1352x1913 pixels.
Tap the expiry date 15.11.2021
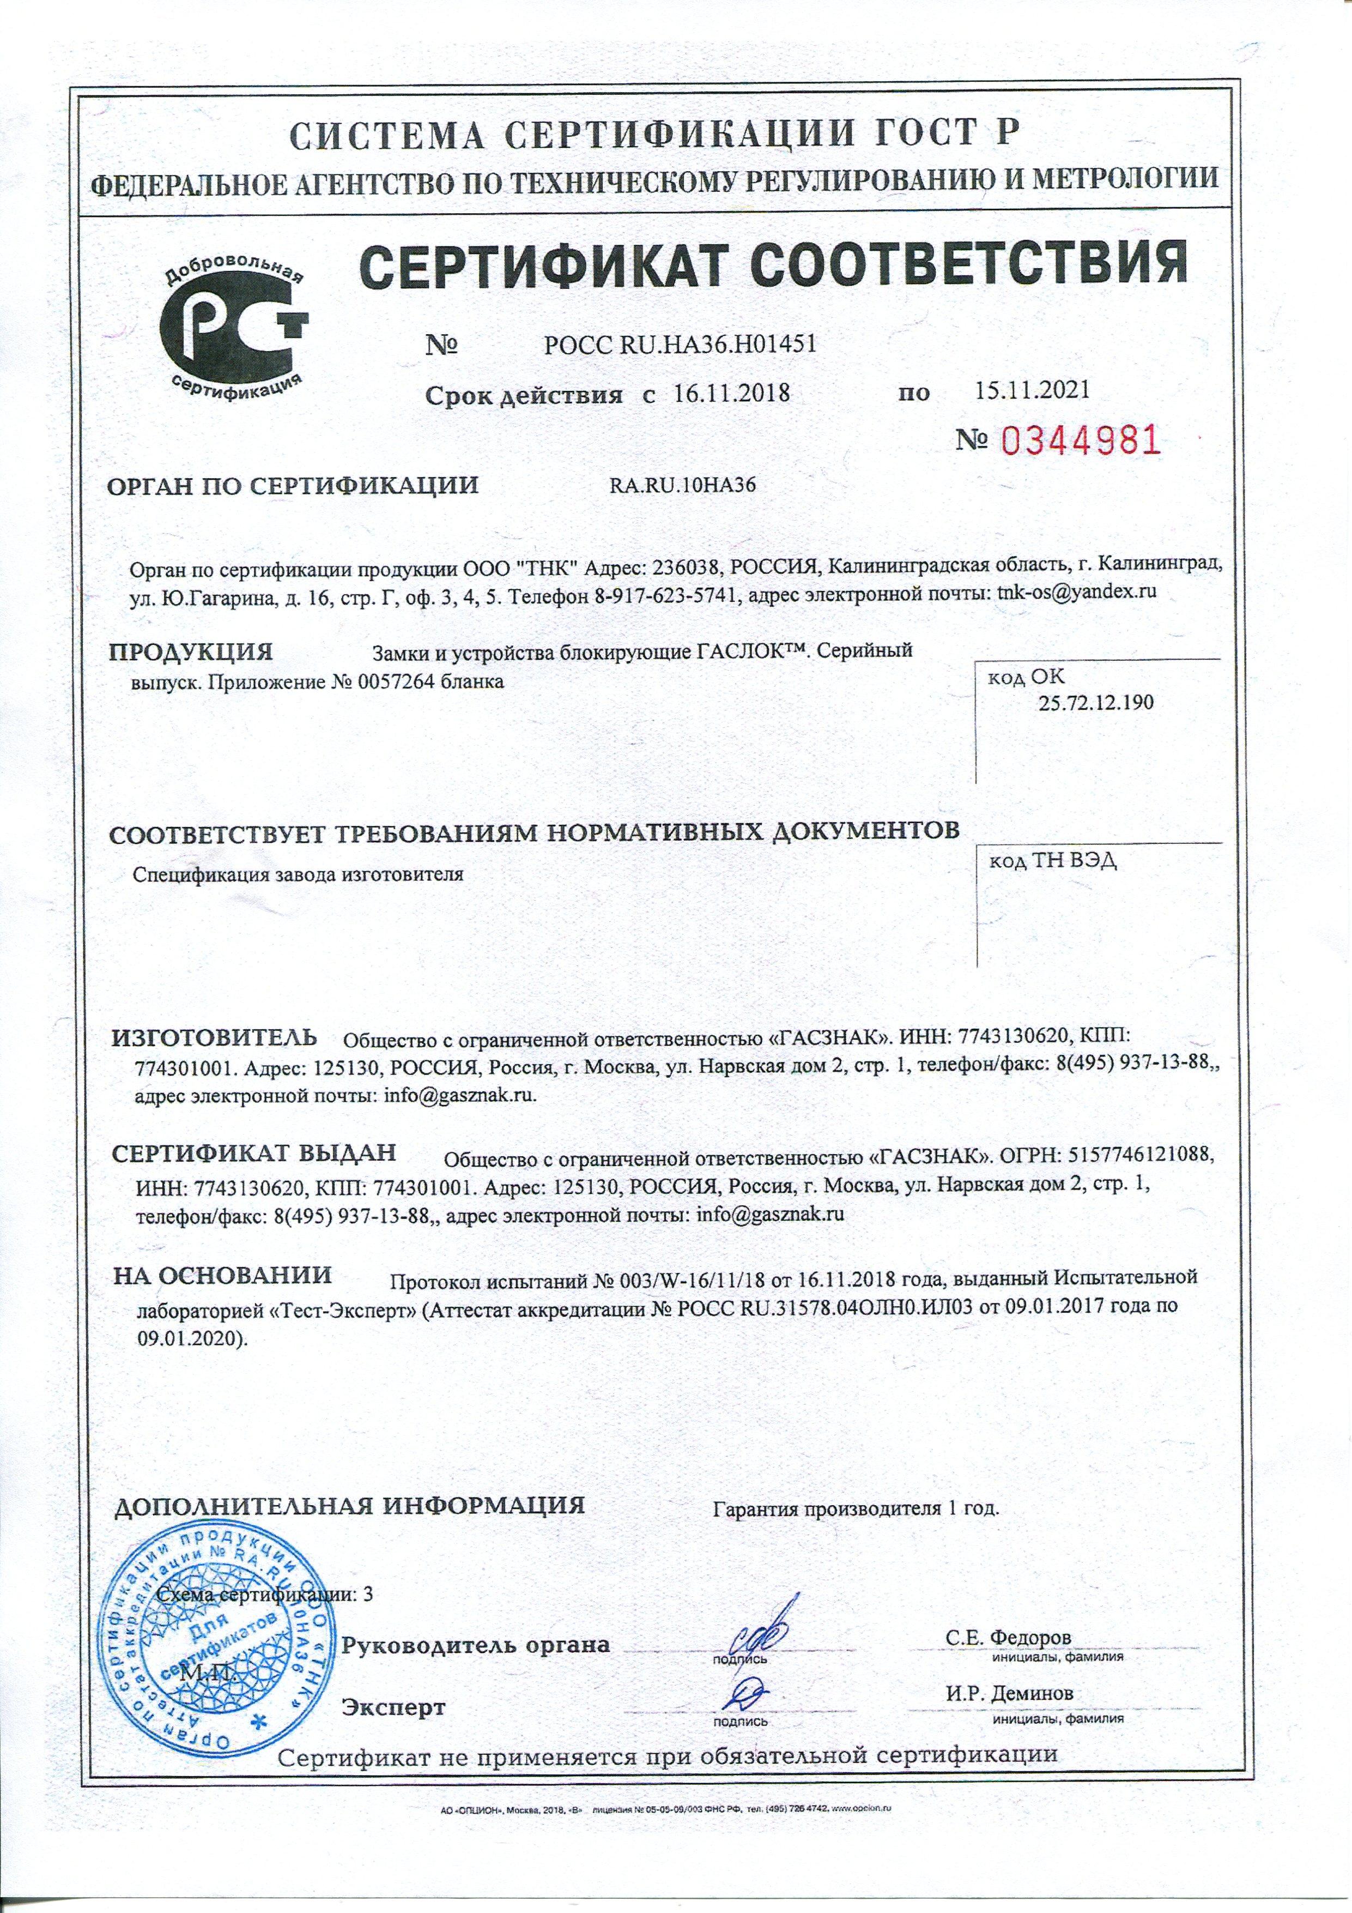(x=1031, y=390)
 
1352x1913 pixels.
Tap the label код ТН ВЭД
(x=1051, y=861)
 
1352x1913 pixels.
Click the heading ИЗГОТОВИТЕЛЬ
(x=215, y=1038)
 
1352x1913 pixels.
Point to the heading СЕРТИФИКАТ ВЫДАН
(x=254, y=1154)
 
